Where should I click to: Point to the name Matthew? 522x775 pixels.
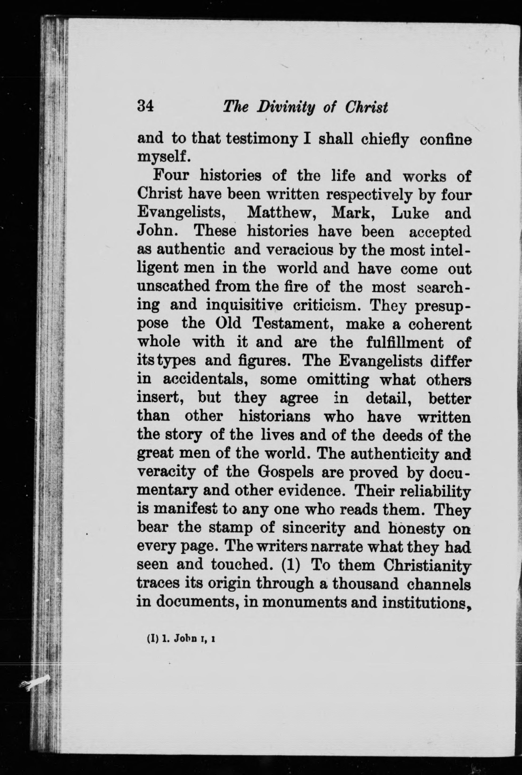[281, 213]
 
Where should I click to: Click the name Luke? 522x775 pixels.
[410, 213]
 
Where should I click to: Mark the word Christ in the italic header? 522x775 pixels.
[366, 107]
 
